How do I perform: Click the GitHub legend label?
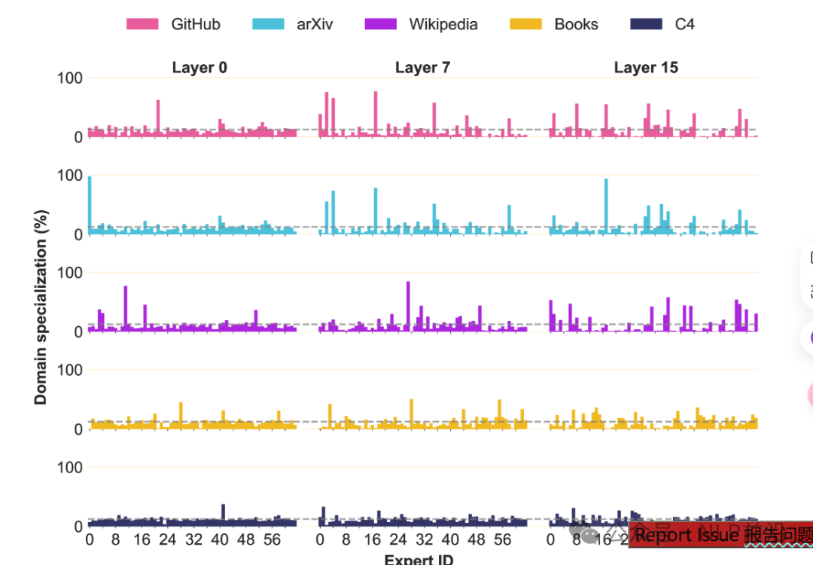point(195,24)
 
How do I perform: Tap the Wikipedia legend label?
point(443,24)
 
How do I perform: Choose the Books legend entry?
point(576,24)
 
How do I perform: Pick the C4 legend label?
point(684,24)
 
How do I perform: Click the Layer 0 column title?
point(199,68)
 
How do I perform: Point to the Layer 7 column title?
point(422,68)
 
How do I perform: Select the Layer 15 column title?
point(646,68)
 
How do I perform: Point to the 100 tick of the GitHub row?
point(69,78)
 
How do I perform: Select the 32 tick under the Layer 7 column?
point(424,540)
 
